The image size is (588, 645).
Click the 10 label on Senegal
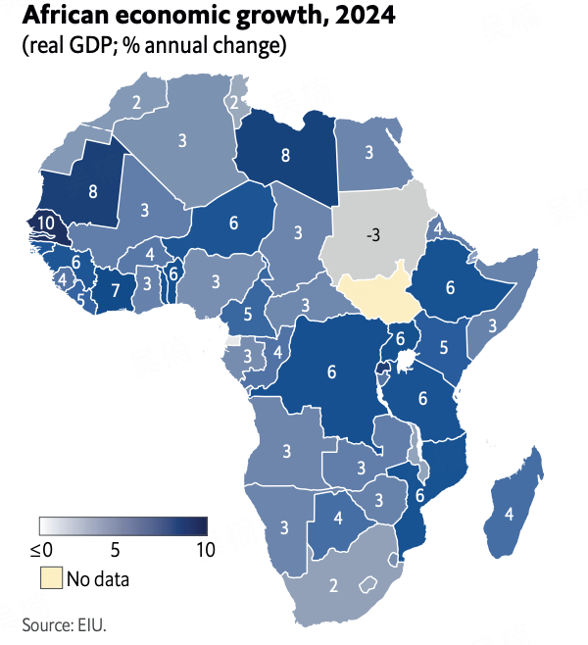[45, 223]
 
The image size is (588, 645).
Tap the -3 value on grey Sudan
[372, 235]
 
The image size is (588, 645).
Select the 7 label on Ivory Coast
[115, 290]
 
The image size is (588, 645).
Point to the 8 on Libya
[285, 154]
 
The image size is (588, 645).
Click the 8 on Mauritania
[93, 191]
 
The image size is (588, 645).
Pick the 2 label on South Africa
[334, 586]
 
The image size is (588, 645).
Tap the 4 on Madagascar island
[509, 513]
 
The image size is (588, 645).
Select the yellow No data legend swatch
[50, 577]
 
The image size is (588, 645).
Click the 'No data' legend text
[98, 578]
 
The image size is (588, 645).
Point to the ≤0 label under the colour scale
[41, 550]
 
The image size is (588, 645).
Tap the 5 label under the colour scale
[115, 550]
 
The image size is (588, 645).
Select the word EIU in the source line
[92, 624]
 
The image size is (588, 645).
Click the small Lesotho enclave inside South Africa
[367, 585]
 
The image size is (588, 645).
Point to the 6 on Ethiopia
[450, 288]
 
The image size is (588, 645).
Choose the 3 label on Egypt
[369, 152]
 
